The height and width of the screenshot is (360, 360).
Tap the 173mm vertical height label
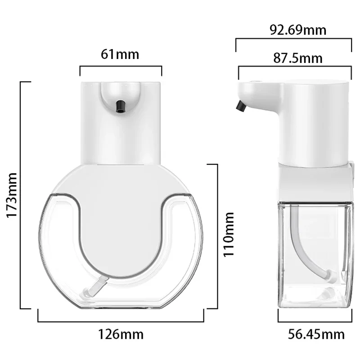click(x=11, y=194)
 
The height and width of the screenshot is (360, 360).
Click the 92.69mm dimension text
click(x=298, y=30)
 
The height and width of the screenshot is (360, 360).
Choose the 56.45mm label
click(x=316, y=334)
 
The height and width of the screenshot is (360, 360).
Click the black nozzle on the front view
click(x=120, y=105)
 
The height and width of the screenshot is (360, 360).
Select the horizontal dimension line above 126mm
click(x=121, y=321)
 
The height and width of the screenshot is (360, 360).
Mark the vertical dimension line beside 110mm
click(x=217, y=236)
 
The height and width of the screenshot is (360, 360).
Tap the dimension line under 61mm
click(x=121, y=67)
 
